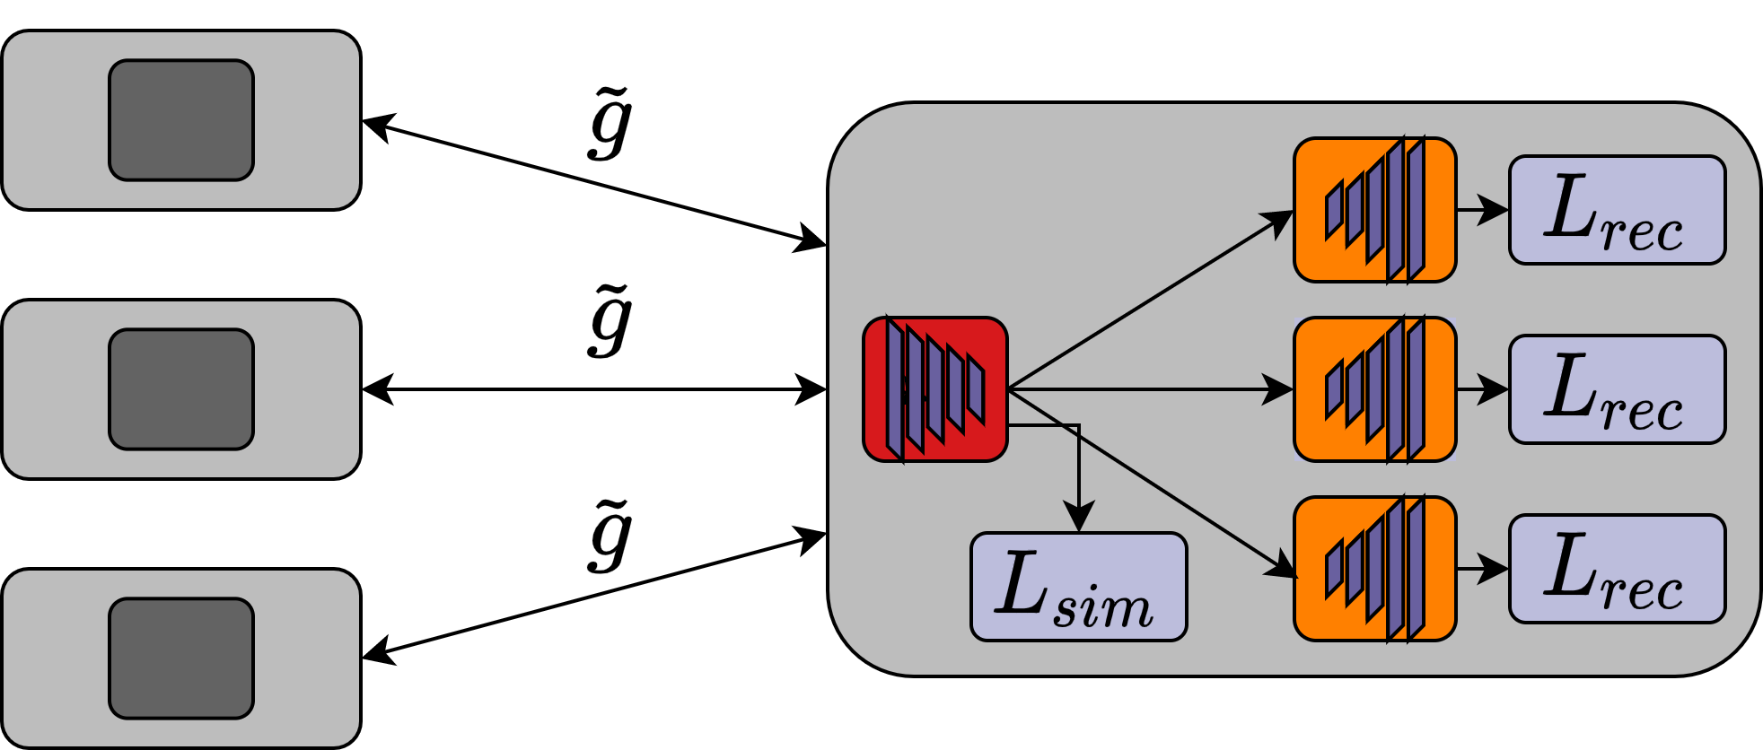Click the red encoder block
tap(934, 389)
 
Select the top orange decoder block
tap(1374, 210)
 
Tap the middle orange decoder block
tap(1374, 389)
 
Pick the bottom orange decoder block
tap(1374, 569)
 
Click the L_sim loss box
tap(1078, 587)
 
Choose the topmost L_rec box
tap(1617, 210)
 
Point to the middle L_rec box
tap(1617, 389)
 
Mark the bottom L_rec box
tap(1617, 569)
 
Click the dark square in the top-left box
tap(181, 120)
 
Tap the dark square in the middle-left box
tap(181, 389)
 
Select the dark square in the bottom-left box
tap(181, 658)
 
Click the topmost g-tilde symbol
tap(611, 124)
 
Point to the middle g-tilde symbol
tap(611, 321)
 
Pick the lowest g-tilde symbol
tap(611, 536)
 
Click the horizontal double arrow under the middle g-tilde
tap(592, 389)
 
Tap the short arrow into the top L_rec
tap(1482, 210)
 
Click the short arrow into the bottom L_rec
tap(1482, 569)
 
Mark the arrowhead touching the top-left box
tap(377, 126)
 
